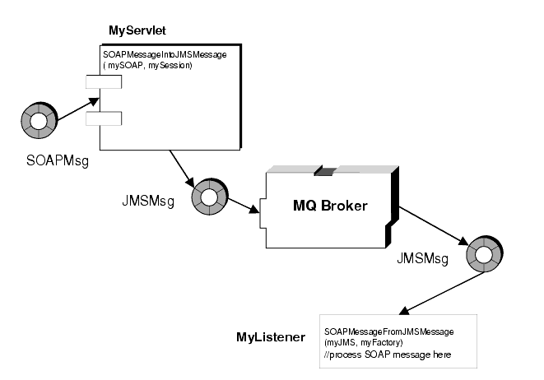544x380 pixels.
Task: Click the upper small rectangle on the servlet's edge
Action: click(x=104, y=81)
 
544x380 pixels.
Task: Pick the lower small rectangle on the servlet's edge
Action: click(x=104, y=120)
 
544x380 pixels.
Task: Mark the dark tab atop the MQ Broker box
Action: click(x=325, y=170)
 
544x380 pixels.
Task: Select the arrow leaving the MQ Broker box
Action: click(x=432, y=226)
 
